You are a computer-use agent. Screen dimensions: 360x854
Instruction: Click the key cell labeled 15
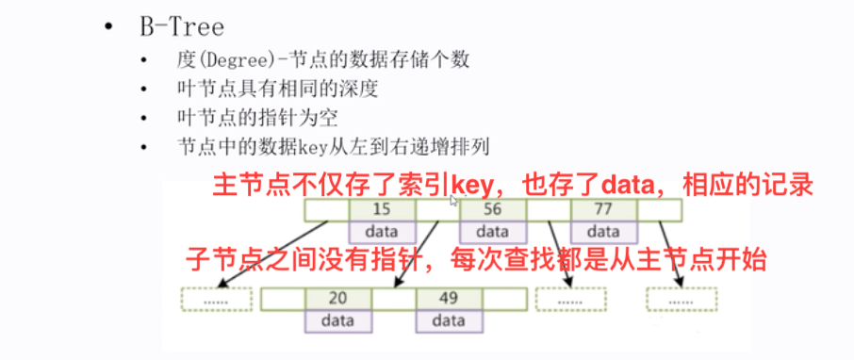[381, 210]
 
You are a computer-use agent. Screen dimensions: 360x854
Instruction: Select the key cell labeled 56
[491, 210]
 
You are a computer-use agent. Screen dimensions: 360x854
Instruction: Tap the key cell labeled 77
[601, 210]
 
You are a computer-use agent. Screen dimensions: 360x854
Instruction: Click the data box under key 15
[381, 232]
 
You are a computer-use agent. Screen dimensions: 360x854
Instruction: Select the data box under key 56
[491, 232]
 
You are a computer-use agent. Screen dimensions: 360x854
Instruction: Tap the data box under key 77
[601, 232]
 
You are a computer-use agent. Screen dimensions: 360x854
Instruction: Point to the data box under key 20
[337, 321]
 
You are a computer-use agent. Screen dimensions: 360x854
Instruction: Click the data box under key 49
[448, 321]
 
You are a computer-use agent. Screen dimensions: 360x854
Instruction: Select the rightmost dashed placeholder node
[681, 300]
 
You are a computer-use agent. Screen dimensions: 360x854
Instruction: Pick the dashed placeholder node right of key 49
[570, 300]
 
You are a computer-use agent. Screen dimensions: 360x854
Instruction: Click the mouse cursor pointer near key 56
[454, 201]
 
